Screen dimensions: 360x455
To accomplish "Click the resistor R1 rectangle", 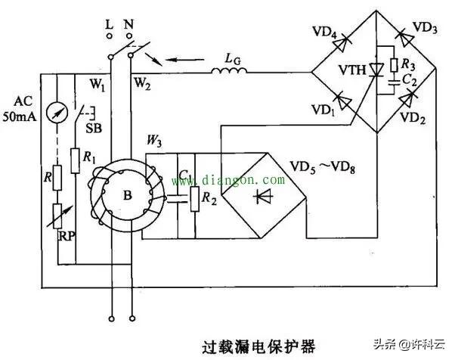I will tap(74, 160).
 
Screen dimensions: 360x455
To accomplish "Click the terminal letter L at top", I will tap(110, 23).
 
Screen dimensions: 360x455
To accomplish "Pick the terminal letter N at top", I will tap(129, 23).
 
